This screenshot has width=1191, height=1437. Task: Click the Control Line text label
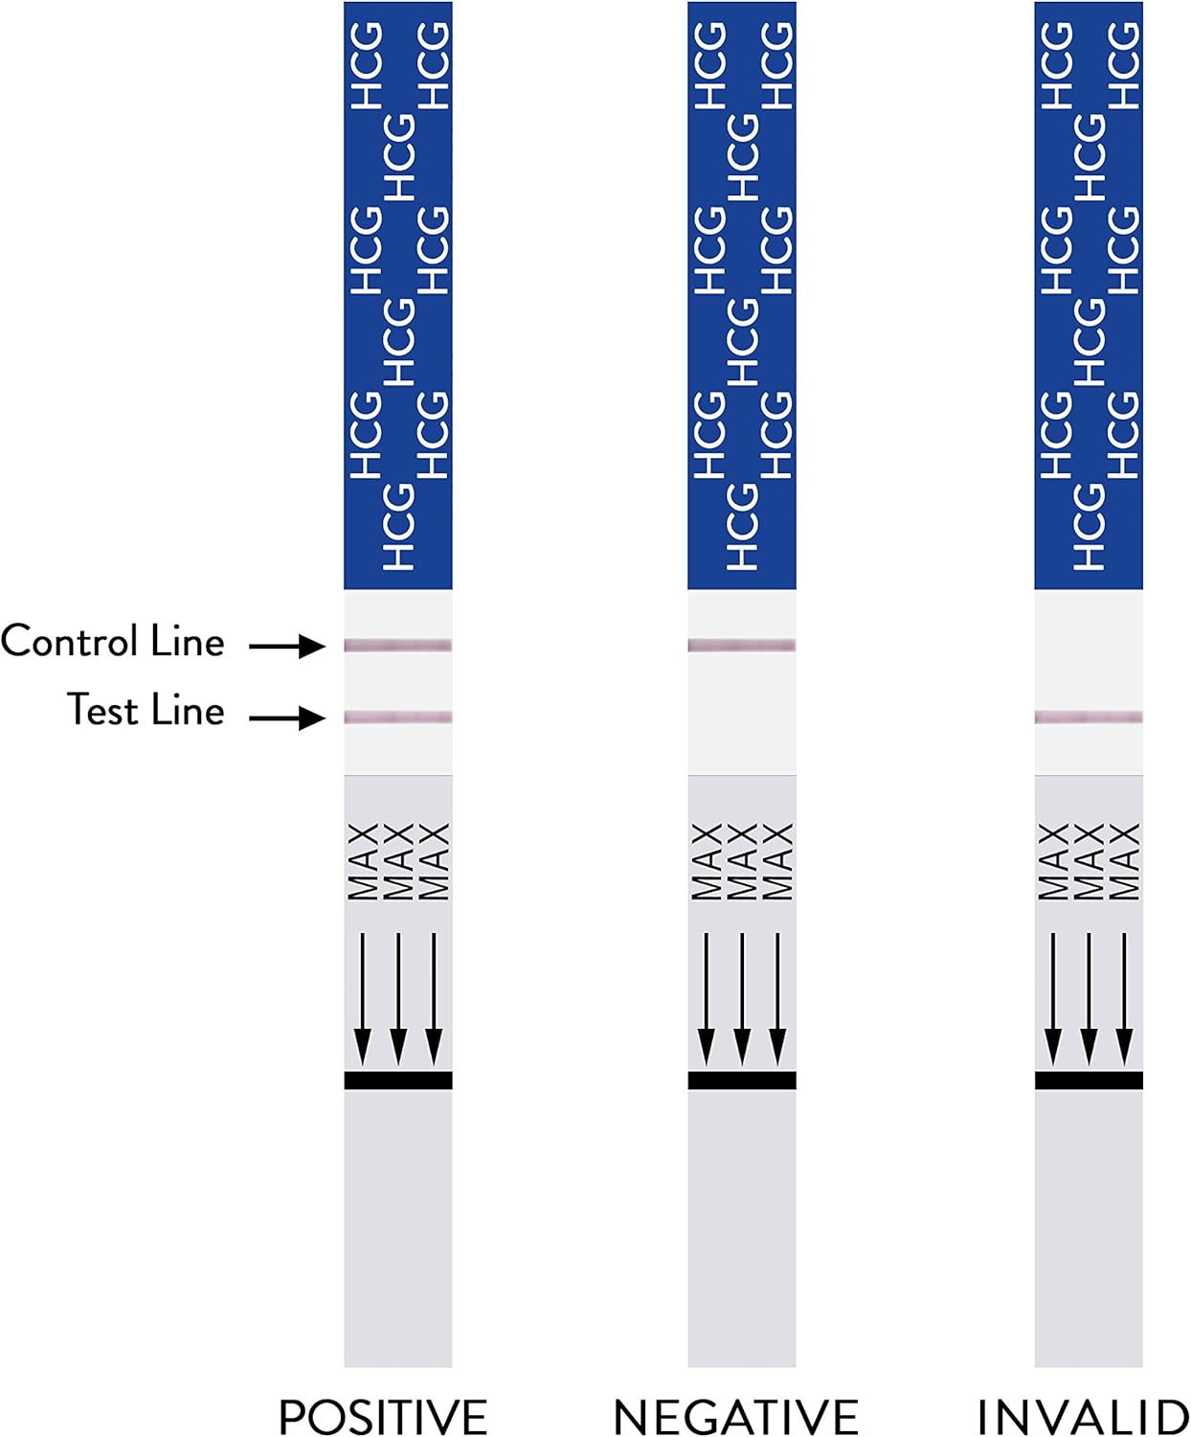point(113,641)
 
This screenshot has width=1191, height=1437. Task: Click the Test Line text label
point(146,711)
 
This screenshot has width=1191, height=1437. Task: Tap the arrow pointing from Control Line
point(287,647)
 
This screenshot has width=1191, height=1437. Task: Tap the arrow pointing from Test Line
point(287,717)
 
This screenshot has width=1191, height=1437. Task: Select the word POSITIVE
point(383,1416)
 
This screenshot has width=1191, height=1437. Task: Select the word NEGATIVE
point(735,1416)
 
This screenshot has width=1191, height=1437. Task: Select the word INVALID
point(1082,1416)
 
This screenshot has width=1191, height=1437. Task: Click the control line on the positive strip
point(398,646)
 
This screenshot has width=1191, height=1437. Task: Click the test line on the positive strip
point(398,717)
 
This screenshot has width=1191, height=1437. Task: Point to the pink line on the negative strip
point(742,646)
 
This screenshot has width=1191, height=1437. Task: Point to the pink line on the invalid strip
point(1089,717)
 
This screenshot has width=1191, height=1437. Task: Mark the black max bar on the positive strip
point(398,1081)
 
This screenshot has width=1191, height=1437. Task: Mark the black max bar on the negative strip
point(742,1081)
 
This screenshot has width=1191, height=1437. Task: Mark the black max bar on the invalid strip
point(1089,1081)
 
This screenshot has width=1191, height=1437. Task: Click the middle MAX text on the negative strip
point(742,861)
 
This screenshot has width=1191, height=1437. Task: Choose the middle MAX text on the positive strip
point(398,861)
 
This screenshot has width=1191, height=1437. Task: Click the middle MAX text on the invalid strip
point(1089,861)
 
